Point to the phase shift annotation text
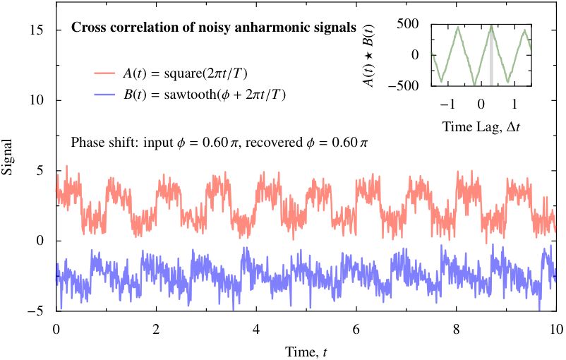219,141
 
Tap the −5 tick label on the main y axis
37,311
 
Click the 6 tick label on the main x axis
356,328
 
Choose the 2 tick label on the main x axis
156,328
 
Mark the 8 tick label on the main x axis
457,328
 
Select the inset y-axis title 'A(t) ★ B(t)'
368,54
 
